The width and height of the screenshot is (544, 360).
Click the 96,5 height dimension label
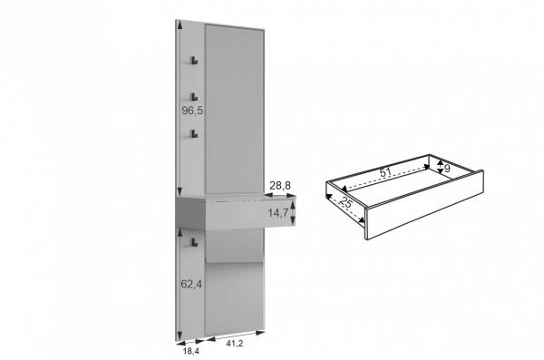point(192,111)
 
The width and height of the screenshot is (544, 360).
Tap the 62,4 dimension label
point(191,285)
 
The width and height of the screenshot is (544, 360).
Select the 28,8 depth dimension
point(280,186)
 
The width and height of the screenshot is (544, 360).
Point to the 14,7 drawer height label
point(278,213)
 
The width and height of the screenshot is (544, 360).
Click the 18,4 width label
point(191,351)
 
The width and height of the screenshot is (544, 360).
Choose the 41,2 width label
point(235,344)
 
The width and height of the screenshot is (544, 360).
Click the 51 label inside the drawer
point(385,172)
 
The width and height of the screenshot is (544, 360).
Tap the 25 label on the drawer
point(346,202)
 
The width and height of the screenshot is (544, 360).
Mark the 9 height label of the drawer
point(447,169)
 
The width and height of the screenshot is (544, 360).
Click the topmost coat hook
point(194,61)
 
